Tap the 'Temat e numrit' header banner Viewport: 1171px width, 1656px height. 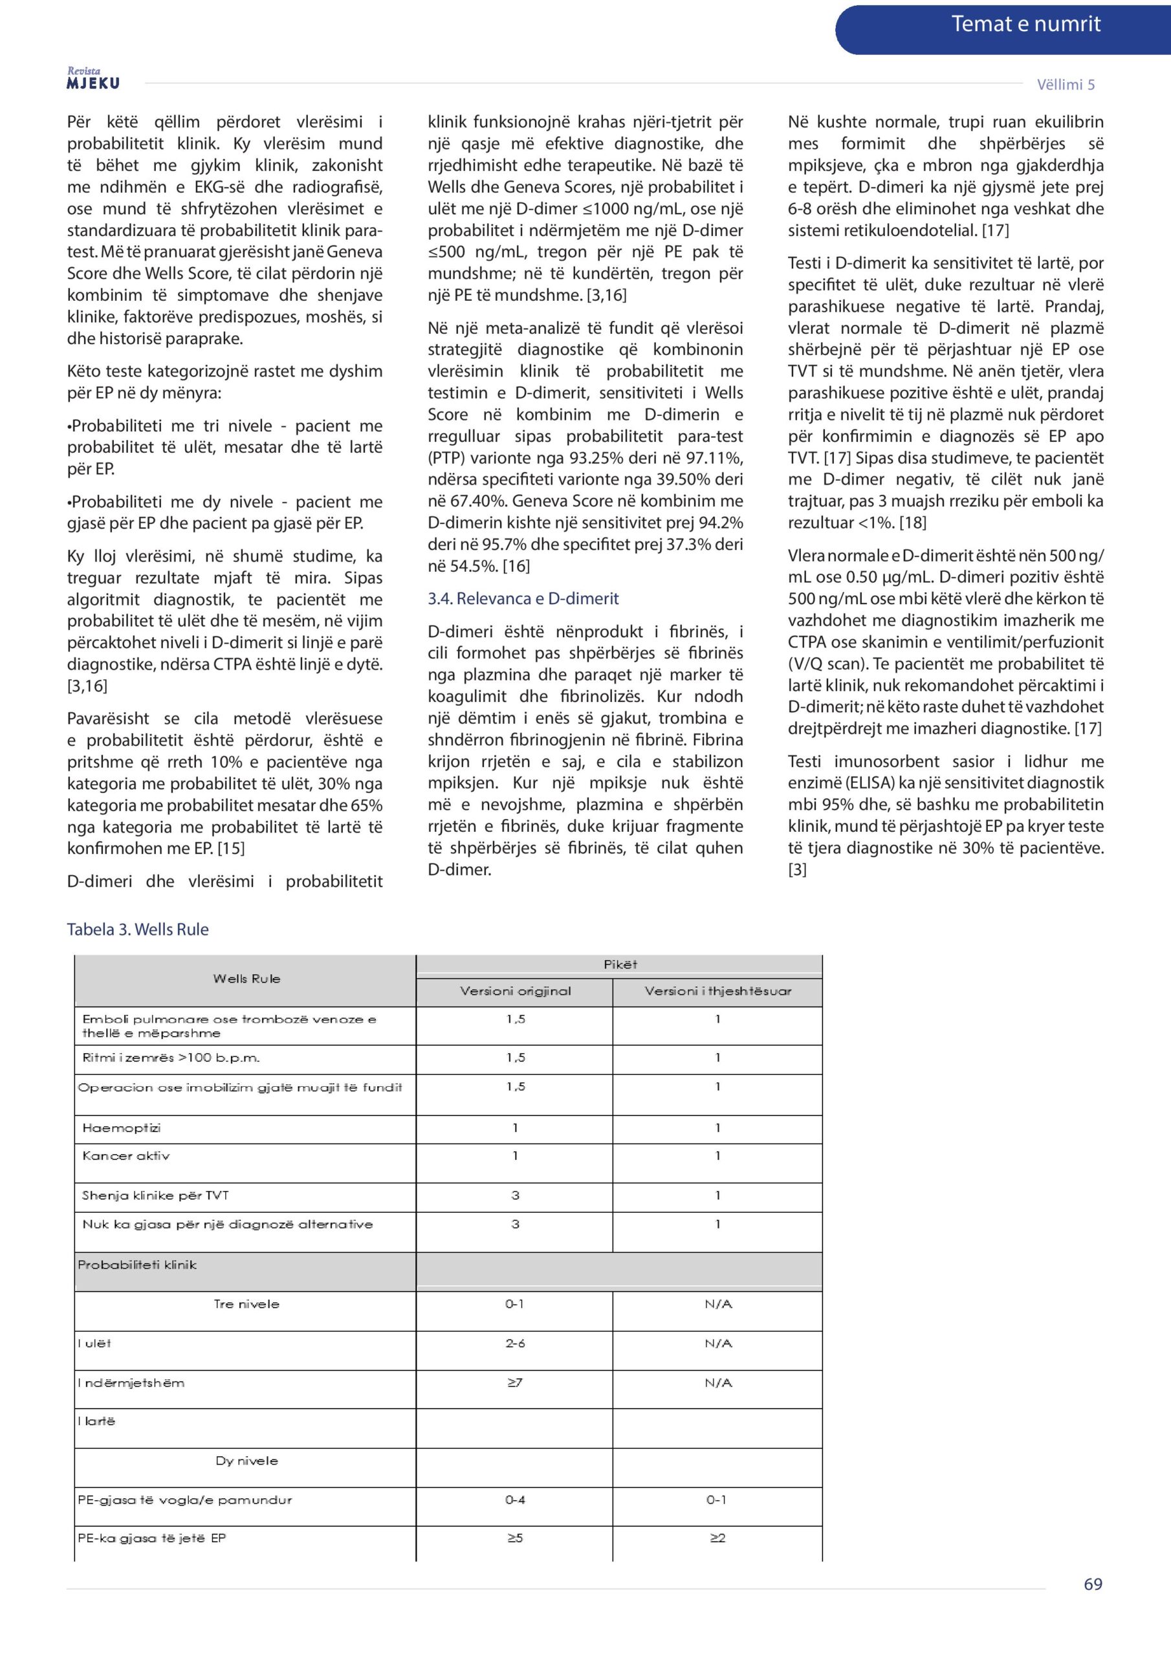1025,25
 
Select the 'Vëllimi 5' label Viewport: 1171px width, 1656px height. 1065,84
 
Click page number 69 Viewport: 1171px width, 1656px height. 1092,1584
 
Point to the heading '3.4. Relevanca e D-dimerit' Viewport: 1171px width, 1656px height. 523,598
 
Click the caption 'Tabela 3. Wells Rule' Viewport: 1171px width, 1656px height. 138,929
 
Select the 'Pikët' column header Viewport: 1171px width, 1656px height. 620,964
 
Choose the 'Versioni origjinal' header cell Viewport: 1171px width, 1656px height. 515,991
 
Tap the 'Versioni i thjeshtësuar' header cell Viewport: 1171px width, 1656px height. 718,991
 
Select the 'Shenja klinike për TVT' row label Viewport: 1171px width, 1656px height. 155,1195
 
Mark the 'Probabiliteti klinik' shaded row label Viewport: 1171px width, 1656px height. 137,1265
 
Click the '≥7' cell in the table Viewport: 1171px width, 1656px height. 514,1382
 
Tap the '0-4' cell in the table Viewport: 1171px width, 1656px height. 515,1499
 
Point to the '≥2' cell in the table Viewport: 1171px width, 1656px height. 717,1538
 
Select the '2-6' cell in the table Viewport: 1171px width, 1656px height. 515,1343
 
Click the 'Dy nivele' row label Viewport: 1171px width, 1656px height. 246,1461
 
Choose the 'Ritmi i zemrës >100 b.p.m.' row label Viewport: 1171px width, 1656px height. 171,1058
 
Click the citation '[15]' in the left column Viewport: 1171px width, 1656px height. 232,848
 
